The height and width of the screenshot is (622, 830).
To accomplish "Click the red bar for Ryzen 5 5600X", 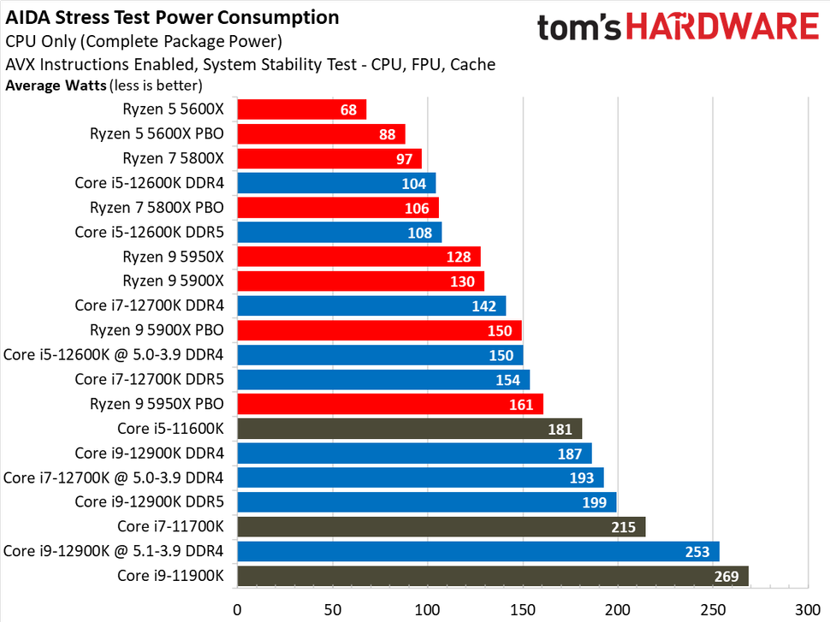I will (301, 110).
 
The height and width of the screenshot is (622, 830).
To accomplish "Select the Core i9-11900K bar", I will (492, 576).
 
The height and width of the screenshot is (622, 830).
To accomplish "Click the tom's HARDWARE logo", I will (678, 27).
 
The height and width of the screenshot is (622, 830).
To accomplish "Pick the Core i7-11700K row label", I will (170, 526).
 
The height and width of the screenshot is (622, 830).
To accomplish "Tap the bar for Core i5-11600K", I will (409, 429).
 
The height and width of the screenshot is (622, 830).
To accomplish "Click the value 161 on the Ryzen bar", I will (520, 405).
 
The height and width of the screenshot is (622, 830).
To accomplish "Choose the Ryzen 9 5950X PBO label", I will (157, 404).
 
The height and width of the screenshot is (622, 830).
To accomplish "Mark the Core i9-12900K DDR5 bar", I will (426, 502).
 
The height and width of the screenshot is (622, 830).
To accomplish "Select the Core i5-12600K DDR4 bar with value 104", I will (336, 183).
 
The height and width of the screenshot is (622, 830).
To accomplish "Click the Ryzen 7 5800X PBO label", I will (157, 207).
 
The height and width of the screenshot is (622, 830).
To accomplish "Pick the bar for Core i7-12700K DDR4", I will (371, 305).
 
